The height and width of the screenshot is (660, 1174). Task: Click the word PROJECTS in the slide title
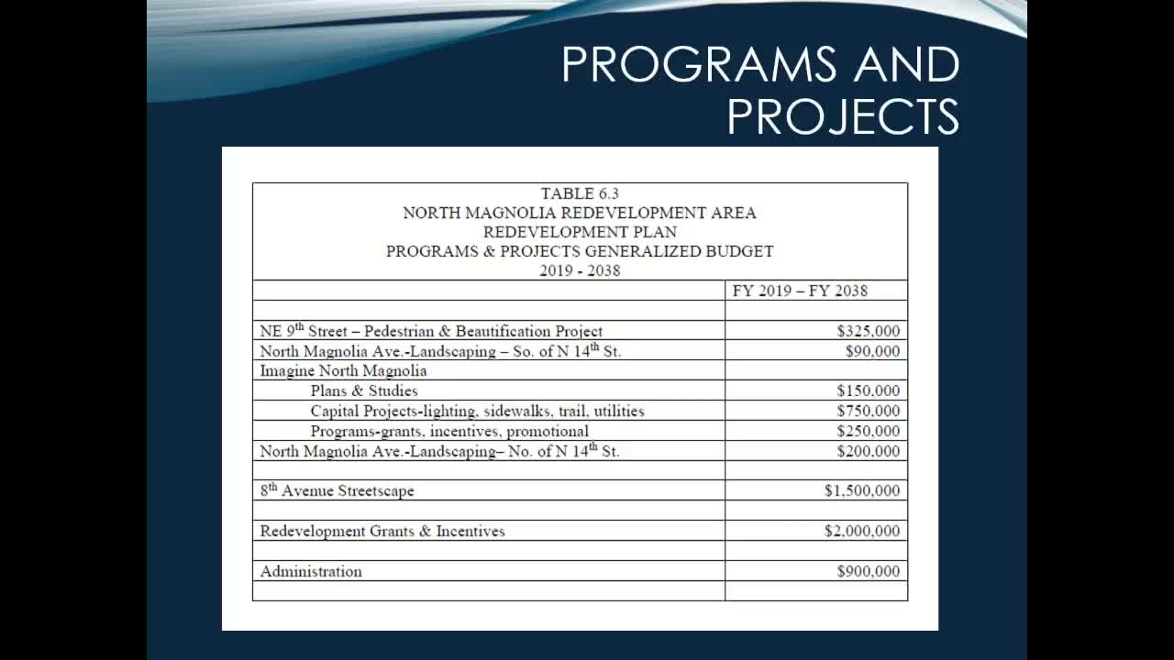[x=842, y=116]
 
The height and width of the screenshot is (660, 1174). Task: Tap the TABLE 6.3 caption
[x=580, y=193]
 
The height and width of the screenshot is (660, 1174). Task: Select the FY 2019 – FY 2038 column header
[x=800, y=291]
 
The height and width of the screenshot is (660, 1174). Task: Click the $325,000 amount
[x=868, y=331]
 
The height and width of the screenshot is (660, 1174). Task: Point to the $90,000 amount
[x=872, y=351]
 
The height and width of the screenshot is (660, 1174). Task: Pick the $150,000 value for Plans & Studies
[x=868, y=390]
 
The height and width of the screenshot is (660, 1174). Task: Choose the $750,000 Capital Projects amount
[x=868, y=411]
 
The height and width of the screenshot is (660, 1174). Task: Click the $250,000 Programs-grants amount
[x=868, y=431]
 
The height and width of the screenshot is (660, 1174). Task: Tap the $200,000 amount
[x=868, y=451]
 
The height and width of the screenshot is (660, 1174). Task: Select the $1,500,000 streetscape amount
[x=861, y=490]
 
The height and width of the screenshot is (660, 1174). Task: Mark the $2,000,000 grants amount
[x=861, y=531]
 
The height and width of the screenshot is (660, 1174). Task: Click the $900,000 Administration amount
[x=868, y=571]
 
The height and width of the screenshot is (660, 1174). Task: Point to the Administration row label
[x=311, y=571]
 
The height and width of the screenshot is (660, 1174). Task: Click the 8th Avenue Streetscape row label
[x=337, y=490]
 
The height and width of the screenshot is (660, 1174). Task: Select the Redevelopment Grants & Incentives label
[x=382, y=531]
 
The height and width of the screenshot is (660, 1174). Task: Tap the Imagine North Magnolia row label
[x=343, y=371]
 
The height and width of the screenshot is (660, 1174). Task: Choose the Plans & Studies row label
[x=363, y=390]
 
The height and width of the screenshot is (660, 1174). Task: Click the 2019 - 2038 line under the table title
[x=580, y=270]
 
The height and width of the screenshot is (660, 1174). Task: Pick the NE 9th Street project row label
[x=431, y=331]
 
